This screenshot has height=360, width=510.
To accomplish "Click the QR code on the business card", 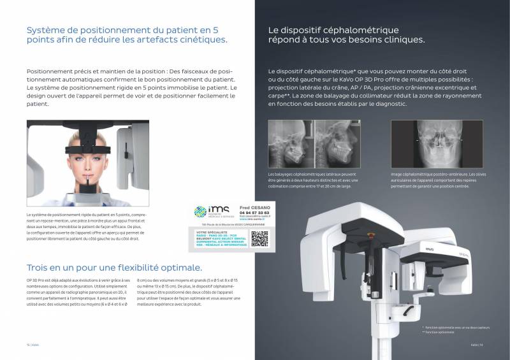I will click(259, 238).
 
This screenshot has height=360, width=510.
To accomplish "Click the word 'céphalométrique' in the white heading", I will click(367, 30).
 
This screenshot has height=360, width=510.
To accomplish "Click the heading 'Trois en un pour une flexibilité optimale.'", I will click(115, 267).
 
